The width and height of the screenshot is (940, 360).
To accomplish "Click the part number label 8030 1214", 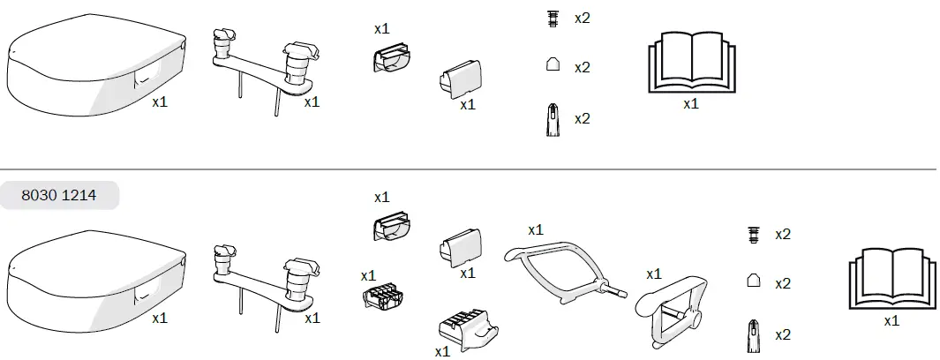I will [60, 196].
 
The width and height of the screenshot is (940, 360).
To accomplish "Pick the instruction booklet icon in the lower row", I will [891, 278].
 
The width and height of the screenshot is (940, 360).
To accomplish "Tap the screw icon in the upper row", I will [553, 19].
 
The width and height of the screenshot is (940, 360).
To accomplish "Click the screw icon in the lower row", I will [754, 234].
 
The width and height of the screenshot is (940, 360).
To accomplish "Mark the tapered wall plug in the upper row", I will [553, 119].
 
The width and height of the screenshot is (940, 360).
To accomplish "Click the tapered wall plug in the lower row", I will [754, 335].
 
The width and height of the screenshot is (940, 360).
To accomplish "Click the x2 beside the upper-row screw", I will [583, 19].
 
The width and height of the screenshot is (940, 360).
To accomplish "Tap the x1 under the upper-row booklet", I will [690, 103].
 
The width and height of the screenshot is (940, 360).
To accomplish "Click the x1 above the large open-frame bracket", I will [536, 229].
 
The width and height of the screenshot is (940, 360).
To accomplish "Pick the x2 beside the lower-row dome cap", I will [783, 283].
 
